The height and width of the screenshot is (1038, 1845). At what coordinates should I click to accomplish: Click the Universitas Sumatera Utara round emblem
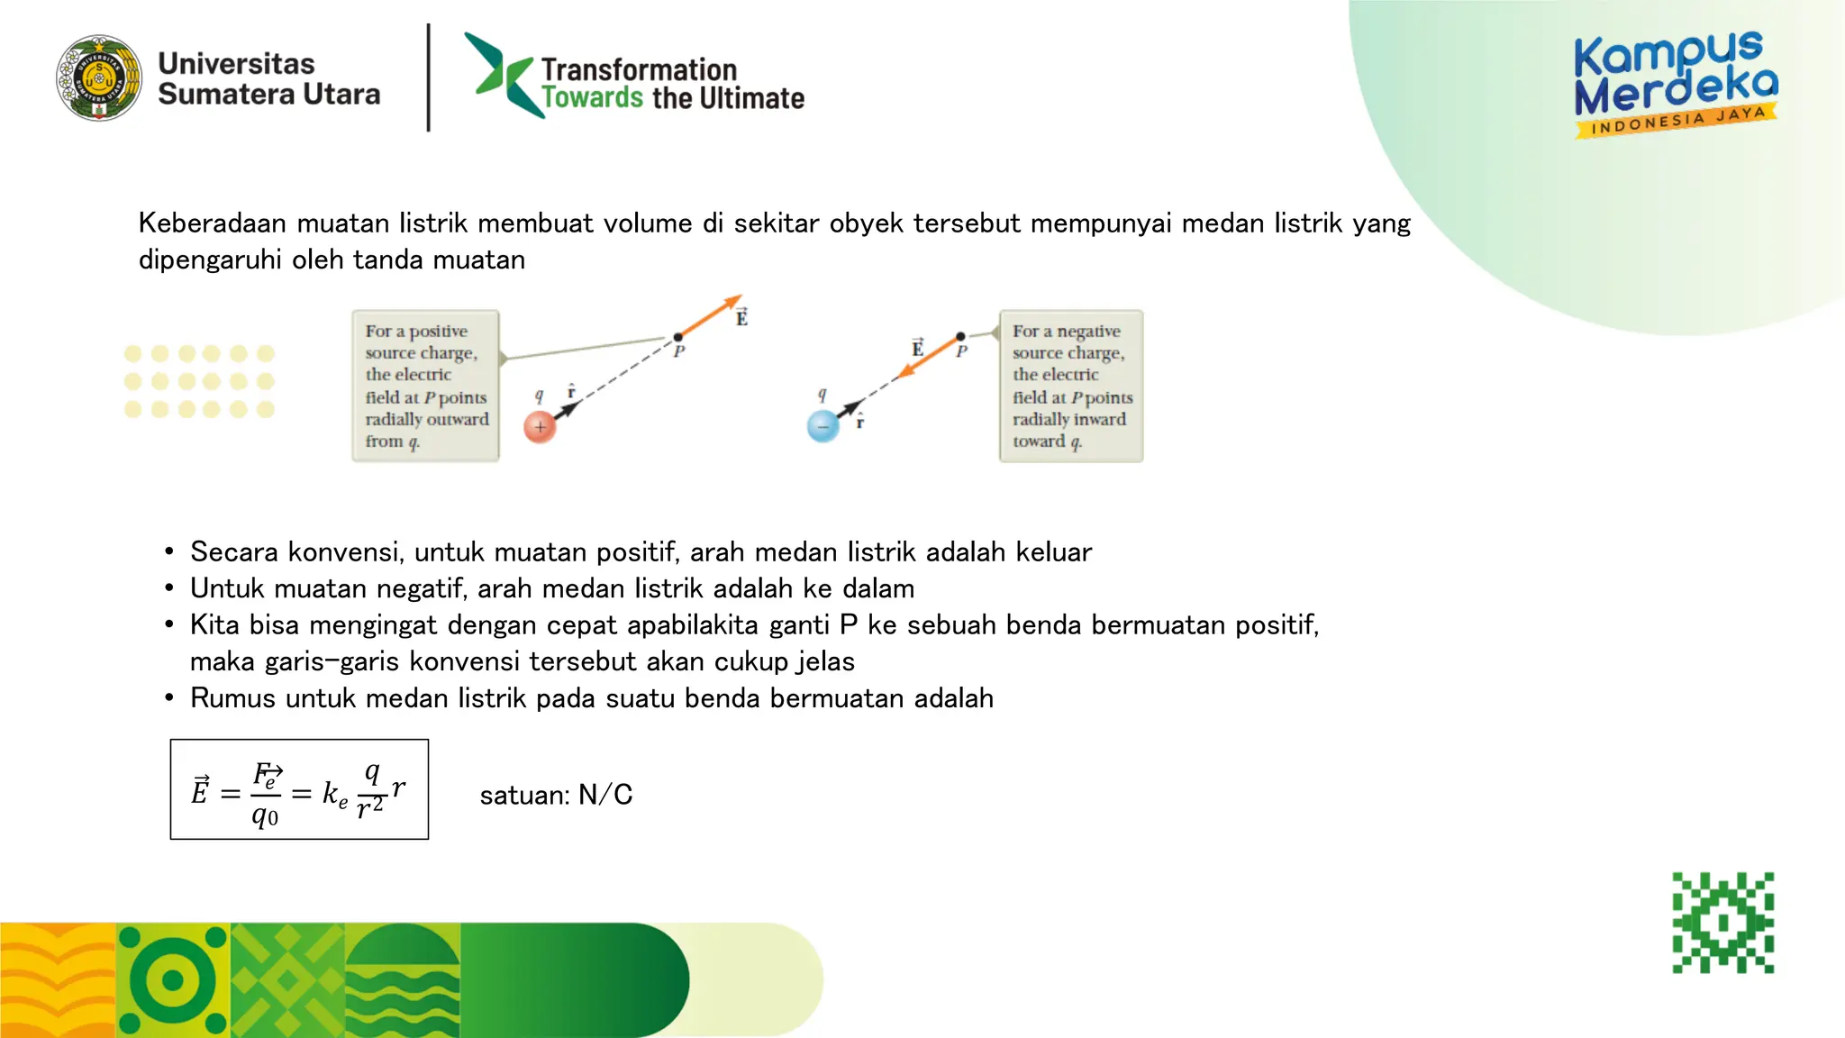99,78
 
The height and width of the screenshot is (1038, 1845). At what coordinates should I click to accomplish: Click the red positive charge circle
540,427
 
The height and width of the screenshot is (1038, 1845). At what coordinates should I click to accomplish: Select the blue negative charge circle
823,426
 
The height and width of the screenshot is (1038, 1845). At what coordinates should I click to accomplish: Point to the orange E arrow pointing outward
712,315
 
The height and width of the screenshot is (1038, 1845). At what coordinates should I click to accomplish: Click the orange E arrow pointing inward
928,357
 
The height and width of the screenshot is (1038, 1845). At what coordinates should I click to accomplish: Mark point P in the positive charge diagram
678,338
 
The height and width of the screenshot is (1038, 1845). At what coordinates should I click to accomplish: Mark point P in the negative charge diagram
960,336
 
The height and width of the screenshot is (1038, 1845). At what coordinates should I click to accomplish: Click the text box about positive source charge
425,387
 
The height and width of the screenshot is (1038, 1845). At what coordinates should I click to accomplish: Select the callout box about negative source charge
1071,387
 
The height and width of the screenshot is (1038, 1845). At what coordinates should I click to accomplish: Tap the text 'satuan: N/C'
556,795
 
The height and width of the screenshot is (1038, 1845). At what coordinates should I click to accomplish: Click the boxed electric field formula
299,790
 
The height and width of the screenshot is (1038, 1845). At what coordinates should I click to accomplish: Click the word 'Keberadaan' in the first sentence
213,223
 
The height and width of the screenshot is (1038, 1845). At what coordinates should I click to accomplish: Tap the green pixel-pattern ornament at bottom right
1722,923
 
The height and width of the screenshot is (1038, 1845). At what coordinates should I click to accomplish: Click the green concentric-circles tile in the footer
173,980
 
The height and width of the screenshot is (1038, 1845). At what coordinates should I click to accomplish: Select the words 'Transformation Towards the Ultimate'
671,84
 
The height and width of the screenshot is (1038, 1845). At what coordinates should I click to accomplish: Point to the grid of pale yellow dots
199,382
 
